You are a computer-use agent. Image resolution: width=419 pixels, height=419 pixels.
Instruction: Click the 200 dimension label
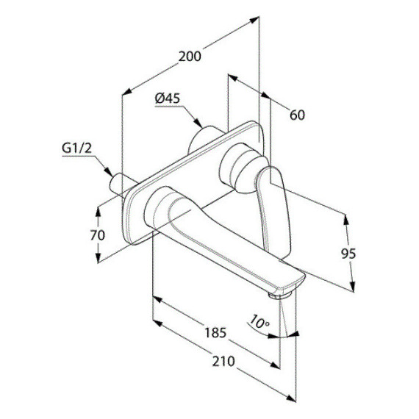190,57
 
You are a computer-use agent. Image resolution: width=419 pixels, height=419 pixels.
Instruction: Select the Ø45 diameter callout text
168,99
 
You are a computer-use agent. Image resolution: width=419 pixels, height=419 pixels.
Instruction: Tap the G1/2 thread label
76,148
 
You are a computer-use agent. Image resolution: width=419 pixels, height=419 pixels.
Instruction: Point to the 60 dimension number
297,115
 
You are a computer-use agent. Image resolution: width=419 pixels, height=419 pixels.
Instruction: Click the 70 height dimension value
98,235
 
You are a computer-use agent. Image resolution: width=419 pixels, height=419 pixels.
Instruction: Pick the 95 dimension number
348,254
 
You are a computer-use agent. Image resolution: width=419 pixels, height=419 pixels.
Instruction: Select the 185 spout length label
215,333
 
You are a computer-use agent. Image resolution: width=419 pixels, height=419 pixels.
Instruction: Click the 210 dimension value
223,361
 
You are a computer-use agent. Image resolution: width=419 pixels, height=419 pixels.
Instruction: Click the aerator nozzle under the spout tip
279,296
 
